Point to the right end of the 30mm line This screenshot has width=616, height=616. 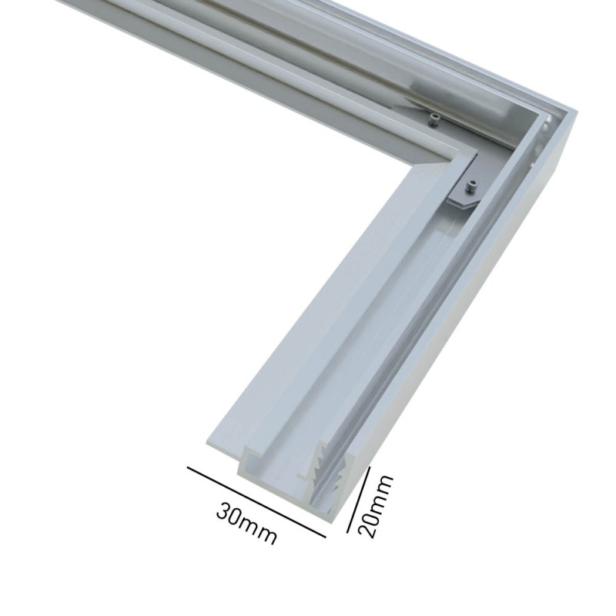326,534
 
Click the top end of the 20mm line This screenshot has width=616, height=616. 370,467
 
